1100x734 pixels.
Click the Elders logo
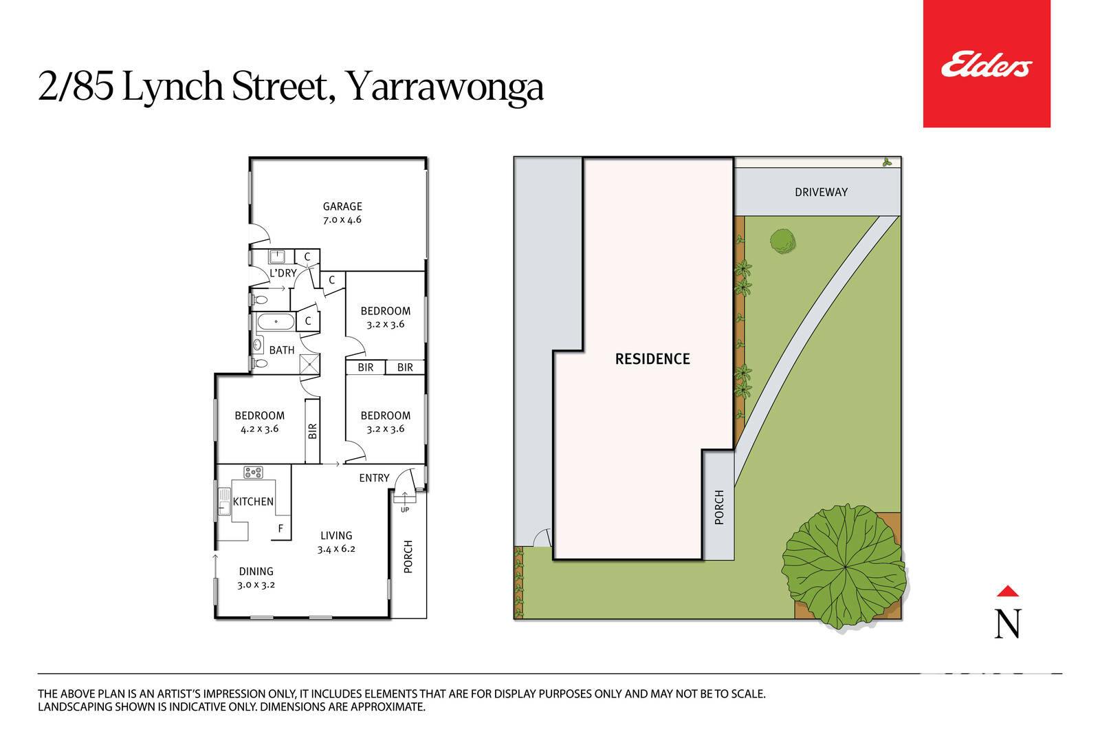click(x=987, y=64)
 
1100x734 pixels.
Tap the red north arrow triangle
click(x=1008, y=591)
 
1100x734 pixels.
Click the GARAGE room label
click(x=342, y=206)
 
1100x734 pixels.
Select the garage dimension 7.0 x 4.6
click(x=342, y=219)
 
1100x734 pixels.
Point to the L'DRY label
click(x=283, y=273)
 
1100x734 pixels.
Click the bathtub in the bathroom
click(x=276, y=322)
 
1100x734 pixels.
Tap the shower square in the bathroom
click(x=309, y=364)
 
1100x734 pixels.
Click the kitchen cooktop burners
click(x=254, y=473)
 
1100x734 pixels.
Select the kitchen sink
click(x=224, y=501)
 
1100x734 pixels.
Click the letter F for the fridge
click(x=281, y=528)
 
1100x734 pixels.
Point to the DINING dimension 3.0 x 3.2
click(x=256, y=585)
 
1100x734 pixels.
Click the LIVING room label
click(x=336, y=535)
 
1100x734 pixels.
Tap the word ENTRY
click(x=374, y=478)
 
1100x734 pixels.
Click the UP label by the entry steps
click(x=405, y=510)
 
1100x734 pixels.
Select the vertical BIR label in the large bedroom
click(x=313, y=431)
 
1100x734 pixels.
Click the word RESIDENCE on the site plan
click(x=652, y=359)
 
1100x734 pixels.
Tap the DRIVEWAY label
click(x=821, y=192)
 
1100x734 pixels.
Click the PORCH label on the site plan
click(x=719, y=508)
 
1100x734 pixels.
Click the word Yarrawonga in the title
click(x=444, y=87)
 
